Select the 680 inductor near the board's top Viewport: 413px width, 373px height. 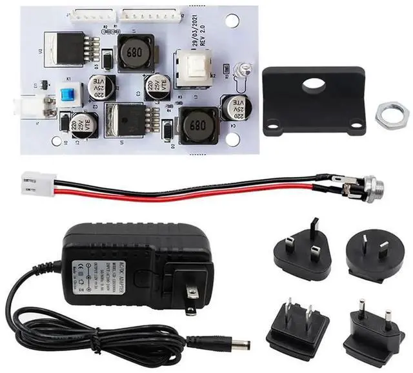click(x=137, y=52)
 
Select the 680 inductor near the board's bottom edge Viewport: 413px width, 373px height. click(x=199, y=126)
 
